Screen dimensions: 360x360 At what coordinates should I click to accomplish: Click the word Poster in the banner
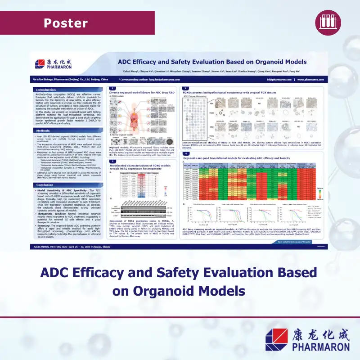[x=66, y=22]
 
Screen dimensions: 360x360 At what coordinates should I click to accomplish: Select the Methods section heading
[x=43, y=130]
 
